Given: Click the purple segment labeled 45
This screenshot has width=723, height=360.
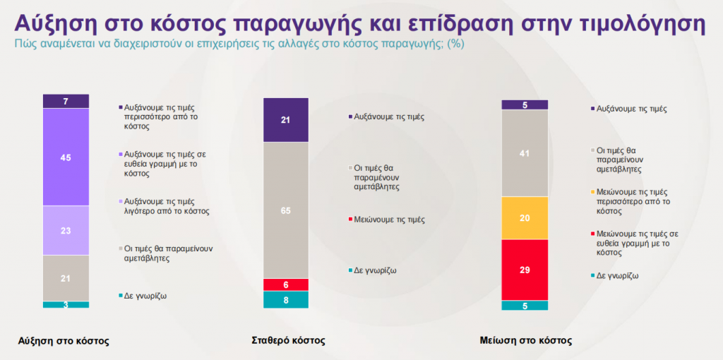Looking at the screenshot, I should click(x=66, y=157).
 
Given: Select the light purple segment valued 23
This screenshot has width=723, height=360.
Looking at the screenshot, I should click(x=66, y=230).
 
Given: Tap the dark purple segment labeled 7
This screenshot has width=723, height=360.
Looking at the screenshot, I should click(x=66, y=101).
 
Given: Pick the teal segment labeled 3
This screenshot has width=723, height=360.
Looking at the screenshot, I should click(x=66, y=304).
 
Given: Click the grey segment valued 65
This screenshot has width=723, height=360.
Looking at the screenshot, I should click(x=286, y=210).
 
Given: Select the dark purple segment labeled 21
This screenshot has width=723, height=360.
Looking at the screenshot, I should click(x=286, y=120).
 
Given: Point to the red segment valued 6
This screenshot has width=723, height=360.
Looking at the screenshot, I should click(x=286, y=284).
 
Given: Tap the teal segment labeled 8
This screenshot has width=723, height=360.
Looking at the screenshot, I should click(x=286, y=299).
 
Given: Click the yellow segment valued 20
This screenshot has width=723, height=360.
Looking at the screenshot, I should click(x=525, y=218).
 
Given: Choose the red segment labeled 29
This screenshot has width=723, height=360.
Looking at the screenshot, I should click(x=525, y=270).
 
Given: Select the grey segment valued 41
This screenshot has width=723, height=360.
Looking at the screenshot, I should click(x=525, y=153).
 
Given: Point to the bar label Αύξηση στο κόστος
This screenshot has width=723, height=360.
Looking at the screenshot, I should click(x=64, y=340).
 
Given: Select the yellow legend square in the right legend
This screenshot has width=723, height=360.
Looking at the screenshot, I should click(x=592, y=192).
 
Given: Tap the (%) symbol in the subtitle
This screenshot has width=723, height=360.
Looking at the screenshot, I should click(x=456, y=43).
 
